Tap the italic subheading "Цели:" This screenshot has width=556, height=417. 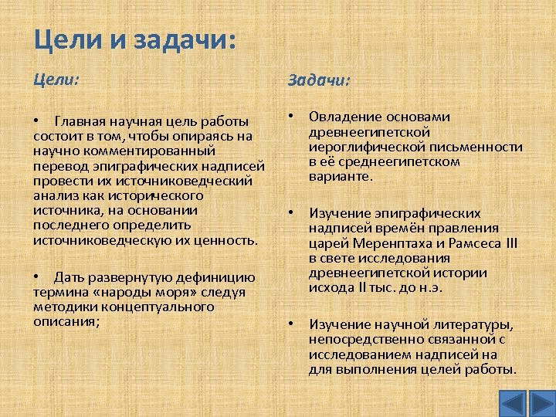coord(56,79)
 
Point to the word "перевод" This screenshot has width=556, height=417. coord(59,165)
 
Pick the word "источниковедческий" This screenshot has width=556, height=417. coord(199,180)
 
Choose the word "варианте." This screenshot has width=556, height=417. coord(341,176)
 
